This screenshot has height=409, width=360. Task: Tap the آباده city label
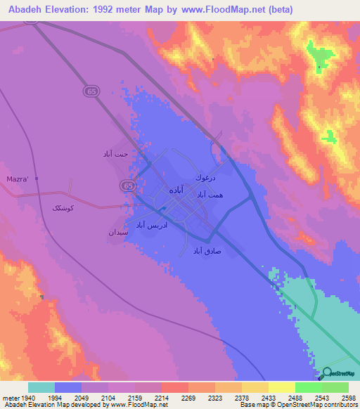[x=176, y=190]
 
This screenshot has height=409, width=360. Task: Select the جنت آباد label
[x=113, y=153]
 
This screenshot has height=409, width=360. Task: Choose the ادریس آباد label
[x=150, y=225]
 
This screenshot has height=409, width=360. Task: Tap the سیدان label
[x=117, y=231]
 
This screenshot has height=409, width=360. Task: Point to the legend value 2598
[x=347, y=398]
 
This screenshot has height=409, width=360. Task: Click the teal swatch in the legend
[x=41, y=387]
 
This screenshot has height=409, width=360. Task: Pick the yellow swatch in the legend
[x=281, y=387]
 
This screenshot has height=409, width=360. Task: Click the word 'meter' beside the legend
[x=11, y=398]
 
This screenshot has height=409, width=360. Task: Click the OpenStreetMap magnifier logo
[x=327, y=372]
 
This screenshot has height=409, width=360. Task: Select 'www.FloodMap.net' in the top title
[x=221, y=9]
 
